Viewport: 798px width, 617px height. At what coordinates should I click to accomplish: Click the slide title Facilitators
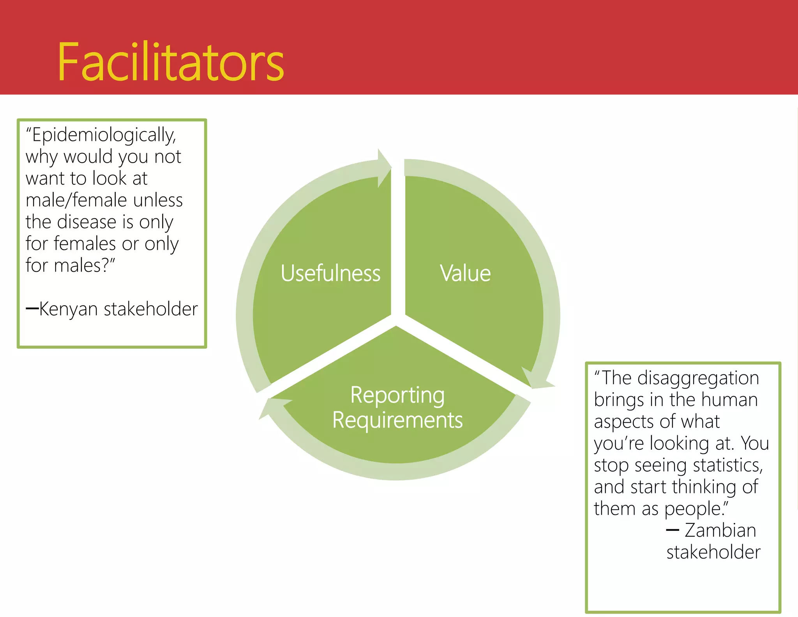(171, 62)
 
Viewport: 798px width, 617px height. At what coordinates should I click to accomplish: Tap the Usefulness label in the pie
(330, 273)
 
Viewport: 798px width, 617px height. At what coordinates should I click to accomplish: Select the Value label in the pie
(465, 273)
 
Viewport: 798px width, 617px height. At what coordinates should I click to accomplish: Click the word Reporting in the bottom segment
(397, 395)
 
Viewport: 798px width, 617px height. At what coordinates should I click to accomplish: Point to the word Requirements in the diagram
(397, 420)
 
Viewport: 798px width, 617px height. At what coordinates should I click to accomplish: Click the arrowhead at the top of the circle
(384, 168)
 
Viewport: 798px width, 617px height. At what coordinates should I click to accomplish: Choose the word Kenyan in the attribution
(69, 309)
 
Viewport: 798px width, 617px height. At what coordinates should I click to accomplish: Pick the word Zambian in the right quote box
(720, 530)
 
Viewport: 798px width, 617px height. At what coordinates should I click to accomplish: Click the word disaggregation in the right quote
(698, 378)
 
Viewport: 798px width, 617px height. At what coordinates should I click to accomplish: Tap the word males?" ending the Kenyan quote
(84, 266)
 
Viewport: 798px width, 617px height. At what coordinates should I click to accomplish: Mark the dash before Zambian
(673, 530)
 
